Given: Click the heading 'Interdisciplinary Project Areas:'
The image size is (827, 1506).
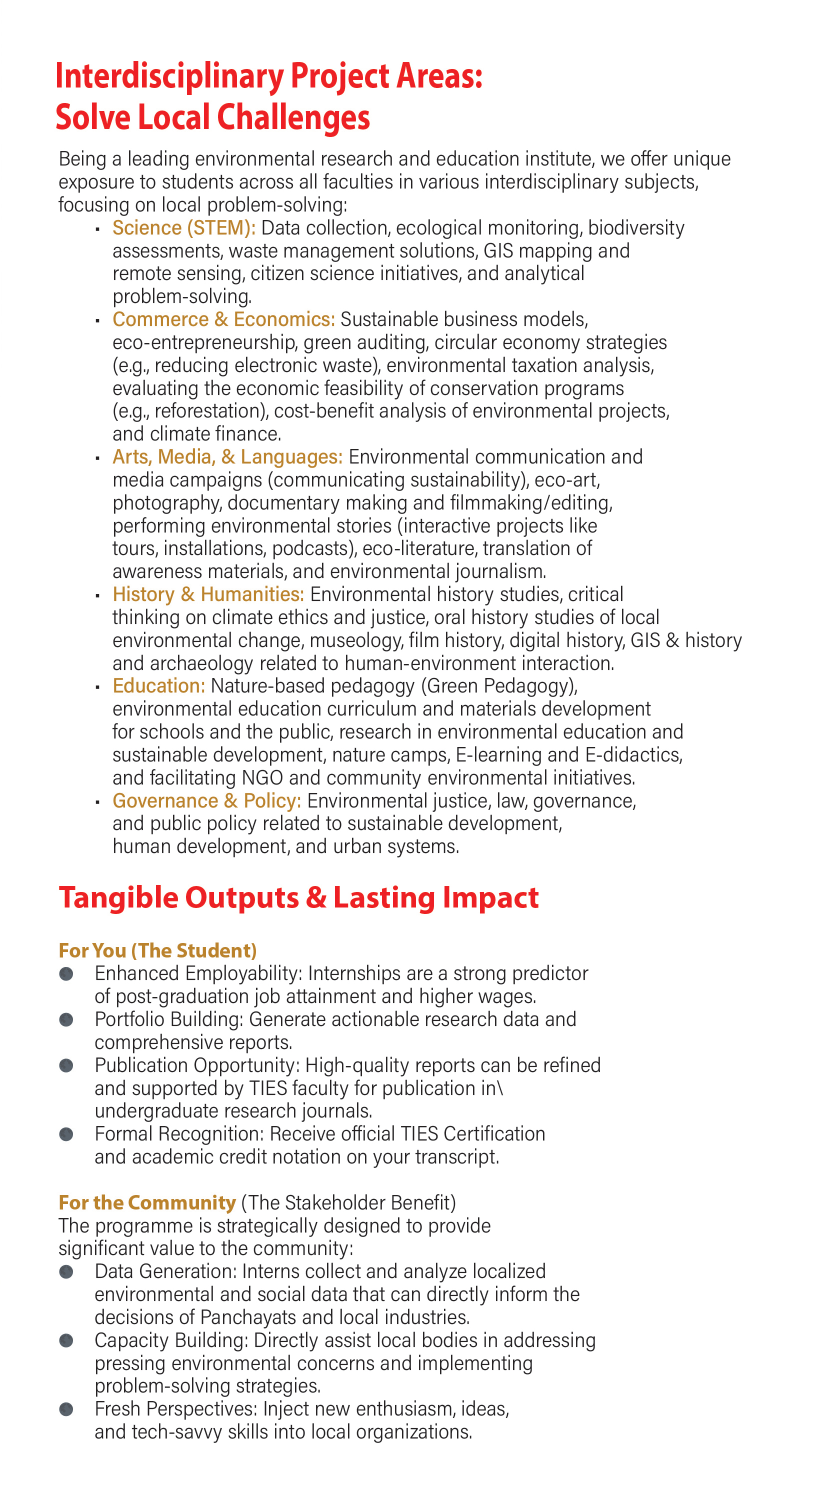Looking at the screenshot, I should pos(269,76).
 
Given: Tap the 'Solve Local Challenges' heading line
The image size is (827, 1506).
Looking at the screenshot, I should pos(212,117).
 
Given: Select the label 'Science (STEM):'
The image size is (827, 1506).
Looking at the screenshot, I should pos(184,228).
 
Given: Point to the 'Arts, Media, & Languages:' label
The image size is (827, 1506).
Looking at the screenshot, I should pos(228,457).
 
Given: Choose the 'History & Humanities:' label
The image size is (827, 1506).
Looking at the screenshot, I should pos(208,594).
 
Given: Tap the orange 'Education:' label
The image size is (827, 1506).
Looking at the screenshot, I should pos(159,686).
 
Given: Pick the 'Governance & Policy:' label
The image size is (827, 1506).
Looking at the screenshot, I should pos(207,801).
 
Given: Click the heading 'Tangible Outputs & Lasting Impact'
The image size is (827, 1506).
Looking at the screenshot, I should pos(298,898).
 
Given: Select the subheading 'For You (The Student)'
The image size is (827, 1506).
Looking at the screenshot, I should pos(158,950).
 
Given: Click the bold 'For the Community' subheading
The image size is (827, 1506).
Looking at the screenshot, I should pos(147,1202).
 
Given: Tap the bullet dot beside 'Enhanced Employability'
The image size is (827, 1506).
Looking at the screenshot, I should pos(66,974).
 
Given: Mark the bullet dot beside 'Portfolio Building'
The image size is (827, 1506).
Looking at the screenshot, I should pos(66,1020).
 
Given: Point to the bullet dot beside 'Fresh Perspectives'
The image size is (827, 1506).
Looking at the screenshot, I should pos(66,1409).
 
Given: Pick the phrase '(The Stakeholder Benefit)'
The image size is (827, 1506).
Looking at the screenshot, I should pos(348,1202).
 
